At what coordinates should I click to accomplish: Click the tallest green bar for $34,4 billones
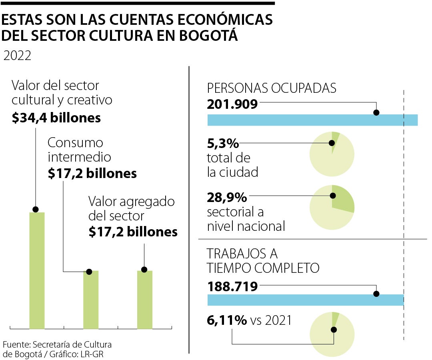tap(37, 270)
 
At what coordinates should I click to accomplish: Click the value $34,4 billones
tap(56, 118)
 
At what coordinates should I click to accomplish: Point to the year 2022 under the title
tap(17, 56)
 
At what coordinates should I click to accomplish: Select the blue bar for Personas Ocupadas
tap(312, 120)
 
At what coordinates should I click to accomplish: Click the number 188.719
tap(232, 286)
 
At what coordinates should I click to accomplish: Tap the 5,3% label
tap(223, 143)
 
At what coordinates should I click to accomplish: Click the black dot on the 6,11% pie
tap(334, 330)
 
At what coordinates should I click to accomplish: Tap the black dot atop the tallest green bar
tap(36, 209)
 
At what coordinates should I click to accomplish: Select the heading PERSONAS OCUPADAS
tap(272, 88)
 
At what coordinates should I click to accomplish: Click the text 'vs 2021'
tap(271, 320)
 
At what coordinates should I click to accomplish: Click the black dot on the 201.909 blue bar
tap(376, 113)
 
